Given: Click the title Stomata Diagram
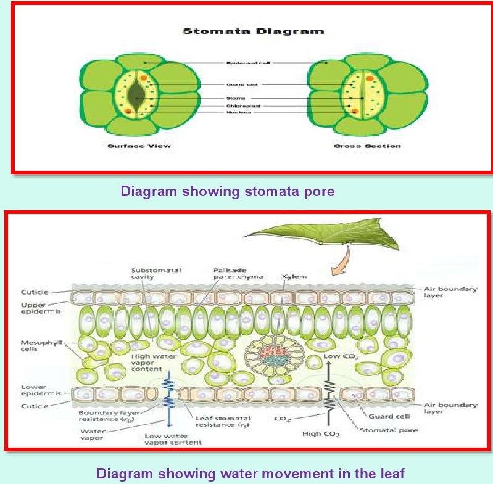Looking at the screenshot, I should pyautogui.click(x=253, y=30).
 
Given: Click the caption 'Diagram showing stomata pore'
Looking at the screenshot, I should pyautogui.click(x=228, y=191).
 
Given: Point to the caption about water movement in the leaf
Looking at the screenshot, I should pyautogui.click(x=250, y=474).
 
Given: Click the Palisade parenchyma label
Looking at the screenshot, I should pyautogui.click(x=237, y=273).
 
